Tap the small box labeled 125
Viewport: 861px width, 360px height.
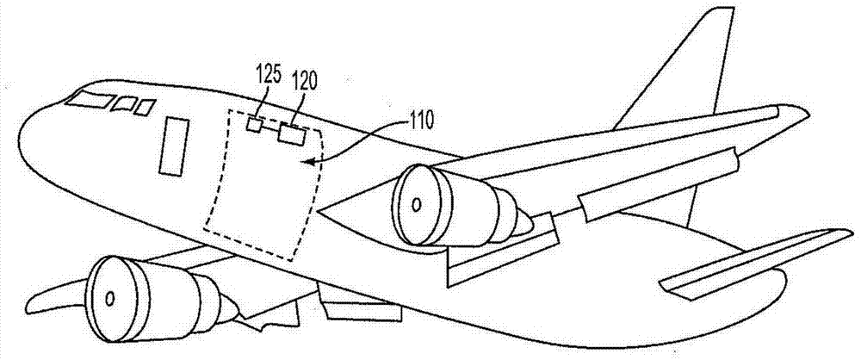pos(254,125)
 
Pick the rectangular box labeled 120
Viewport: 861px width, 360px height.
pos(291,134)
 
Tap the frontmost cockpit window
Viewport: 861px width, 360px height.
pos(89,100)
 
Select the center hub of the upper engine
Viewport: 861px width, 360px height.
pos(417,205)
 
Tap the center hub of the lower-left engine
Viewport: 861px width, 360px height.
pos(109,299)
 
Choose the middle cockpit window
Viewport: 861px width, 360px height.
pos(127,105)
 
